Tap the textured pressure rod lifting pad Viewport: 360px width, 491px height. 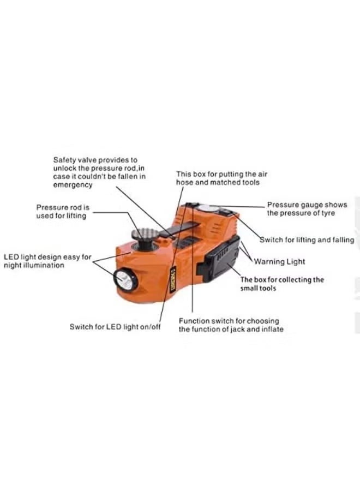click(x=144, y=233)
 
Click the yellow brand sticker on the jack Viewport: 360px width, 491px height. click(x=173, y=279)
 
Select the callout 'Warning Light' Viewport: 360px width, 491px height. click(x=279, y=261)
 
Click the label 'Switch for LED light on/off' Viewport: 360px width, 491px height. click(x=115, y=327)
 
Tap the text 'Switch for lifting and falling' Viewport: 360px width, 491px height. click(x=307, y=240)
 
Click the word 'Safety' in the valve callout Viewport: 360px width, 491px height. click(x=64, y=160)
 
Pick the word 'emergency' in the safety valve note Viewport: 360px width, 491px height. click(x=73, y=185)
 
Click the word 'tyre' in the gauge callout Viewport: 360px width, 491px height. click(x=327, y=213)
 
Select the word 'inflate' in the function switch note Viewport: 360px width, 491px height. click(x=272, y=329)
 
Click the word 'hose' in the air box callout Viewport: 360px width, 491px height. click(x=184, y=182)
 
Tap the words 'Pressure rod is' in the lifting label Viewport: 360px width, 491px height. click(x=63, y=207)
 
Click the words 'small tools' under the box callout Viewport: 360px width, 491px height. click(x=258, y=288)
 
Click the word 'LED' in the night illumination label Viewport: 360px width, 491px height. click(x=11, y=257)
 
